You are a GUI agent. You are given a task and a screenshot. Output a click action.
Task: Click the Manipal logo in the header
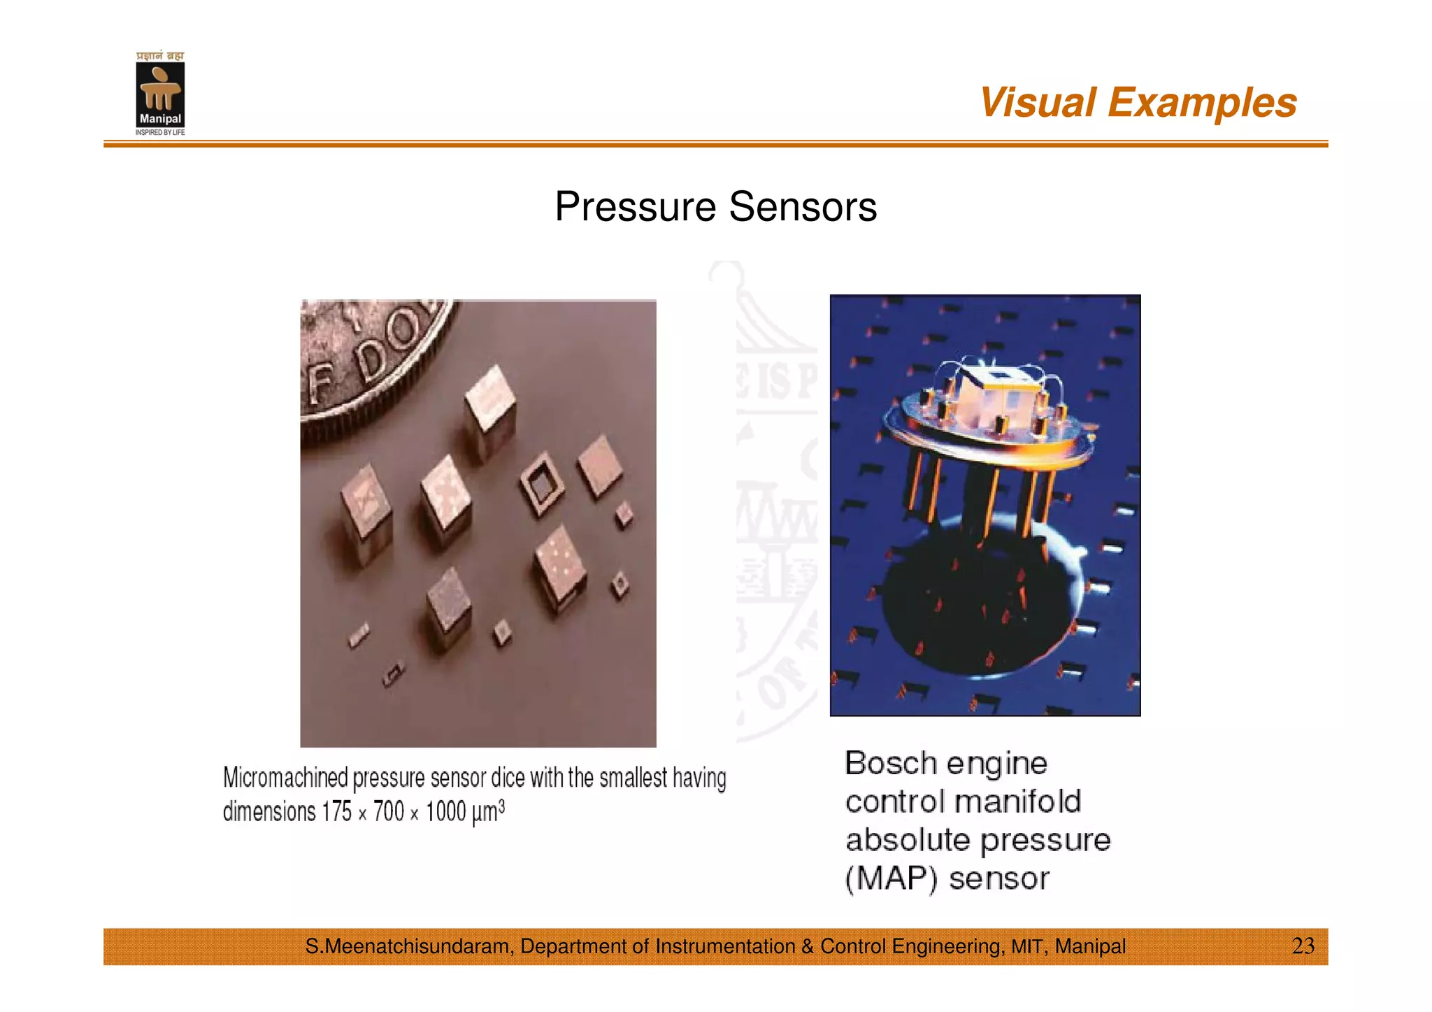pos(160,94)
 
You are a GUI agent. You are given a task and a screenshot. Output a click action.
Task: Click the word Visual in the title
pos(1037,103)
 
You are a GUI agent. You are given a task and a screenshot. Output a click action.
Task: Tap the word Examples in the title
pos(1202,103)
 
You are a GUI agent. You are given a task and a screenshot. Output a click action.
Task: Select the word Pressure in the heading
pos(635,207)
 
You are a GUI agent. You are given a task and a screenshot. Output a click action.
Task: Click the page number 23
pos(1303,946)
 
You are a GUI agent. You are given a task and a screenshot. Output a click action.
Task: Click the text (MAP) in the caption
pos(891,878)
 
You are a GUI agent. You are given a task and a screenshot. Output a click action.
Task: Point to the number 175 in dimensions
pos(336,812)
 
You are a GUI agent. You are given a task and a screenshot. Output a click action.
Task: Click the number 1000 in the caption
pos(445,812)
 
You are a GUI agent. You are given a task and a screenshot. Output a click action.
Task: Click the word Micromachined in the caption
pos(285,778)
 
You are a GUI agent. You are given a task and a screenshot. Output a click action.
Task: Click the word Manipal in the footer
pos(1089,946)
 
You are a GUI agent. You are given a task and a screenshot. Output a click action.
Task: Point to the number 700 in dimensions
pos(389,812)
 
